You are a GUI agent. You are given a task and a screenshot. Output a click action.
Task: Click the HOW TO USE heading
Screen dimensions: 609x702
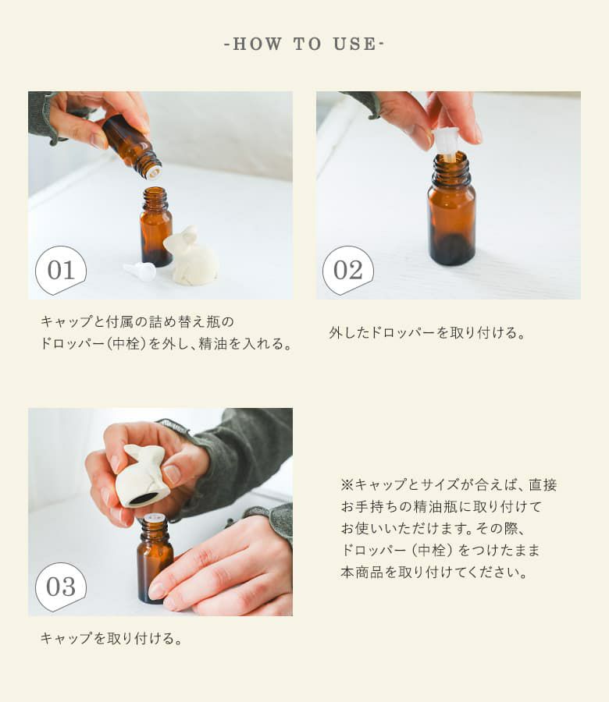point(304,44)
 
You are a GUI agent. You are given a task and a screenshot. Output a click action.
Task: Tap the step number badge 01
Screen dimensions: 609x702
point(61,270)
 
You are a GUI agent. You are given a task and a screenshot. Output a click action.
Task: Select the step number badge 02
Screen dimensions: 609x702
point(348,270)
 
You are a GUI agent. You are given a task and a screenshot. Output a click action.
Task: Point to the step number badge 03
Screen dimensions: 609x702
point(61,587)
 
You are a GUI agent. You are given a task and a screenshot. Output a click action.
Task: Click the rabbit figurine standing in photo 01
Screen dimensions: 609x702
point(191,256)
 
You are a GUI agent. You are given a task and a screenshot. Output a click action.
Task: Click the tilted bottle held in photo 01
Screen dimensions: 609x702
point(132,146)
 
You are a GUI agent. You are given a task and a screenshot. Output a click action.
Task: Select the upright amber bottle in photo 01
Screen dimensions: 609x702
point(155,226)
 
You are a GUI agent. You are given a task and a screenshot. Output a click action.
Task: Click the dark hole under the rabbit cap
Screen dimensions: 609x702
point(144,498)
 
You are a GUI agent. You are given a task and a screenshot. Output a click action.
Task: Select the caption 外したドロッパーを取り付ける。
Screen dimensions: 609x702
point(426,332)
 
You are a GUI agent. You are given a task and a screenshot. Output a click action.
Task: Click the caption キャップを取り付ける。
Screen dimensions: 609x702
point(111,638)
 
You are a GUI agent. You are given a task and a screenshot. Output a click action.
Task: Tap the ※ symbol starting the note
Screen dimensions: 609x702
point(347,484)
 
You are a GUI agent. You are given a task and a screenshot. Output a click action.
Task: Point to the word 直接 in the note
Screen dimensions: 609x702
point(543,484)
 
